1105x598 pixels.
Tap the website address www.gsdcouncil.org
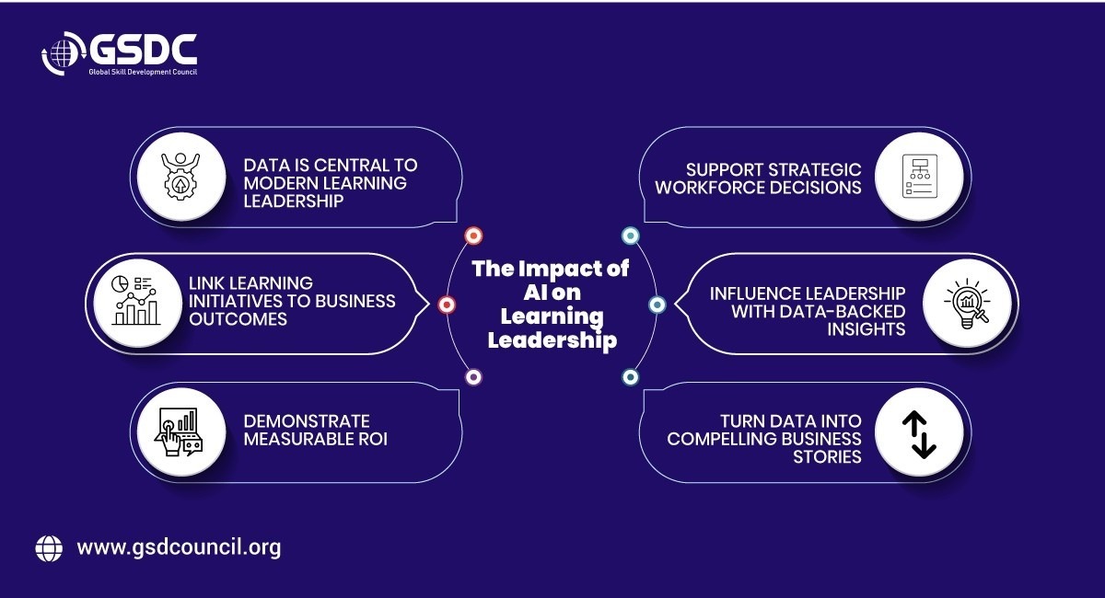[179, 547]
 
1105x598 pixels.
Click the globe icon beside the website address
[49, 547]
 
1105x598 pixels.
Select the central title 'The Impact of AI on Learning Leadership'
[551, 304]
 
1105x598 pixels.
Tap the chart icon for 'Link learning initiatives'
[134, 302]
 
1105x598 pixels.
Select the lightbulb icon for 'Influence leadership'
[964, 303]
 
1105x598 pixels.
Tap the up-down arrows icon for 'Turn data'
[918, 431]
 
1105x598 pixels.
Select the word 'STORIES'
[827, 456]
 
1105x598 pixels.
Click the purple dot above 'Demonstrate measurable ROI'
[473, 376]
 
